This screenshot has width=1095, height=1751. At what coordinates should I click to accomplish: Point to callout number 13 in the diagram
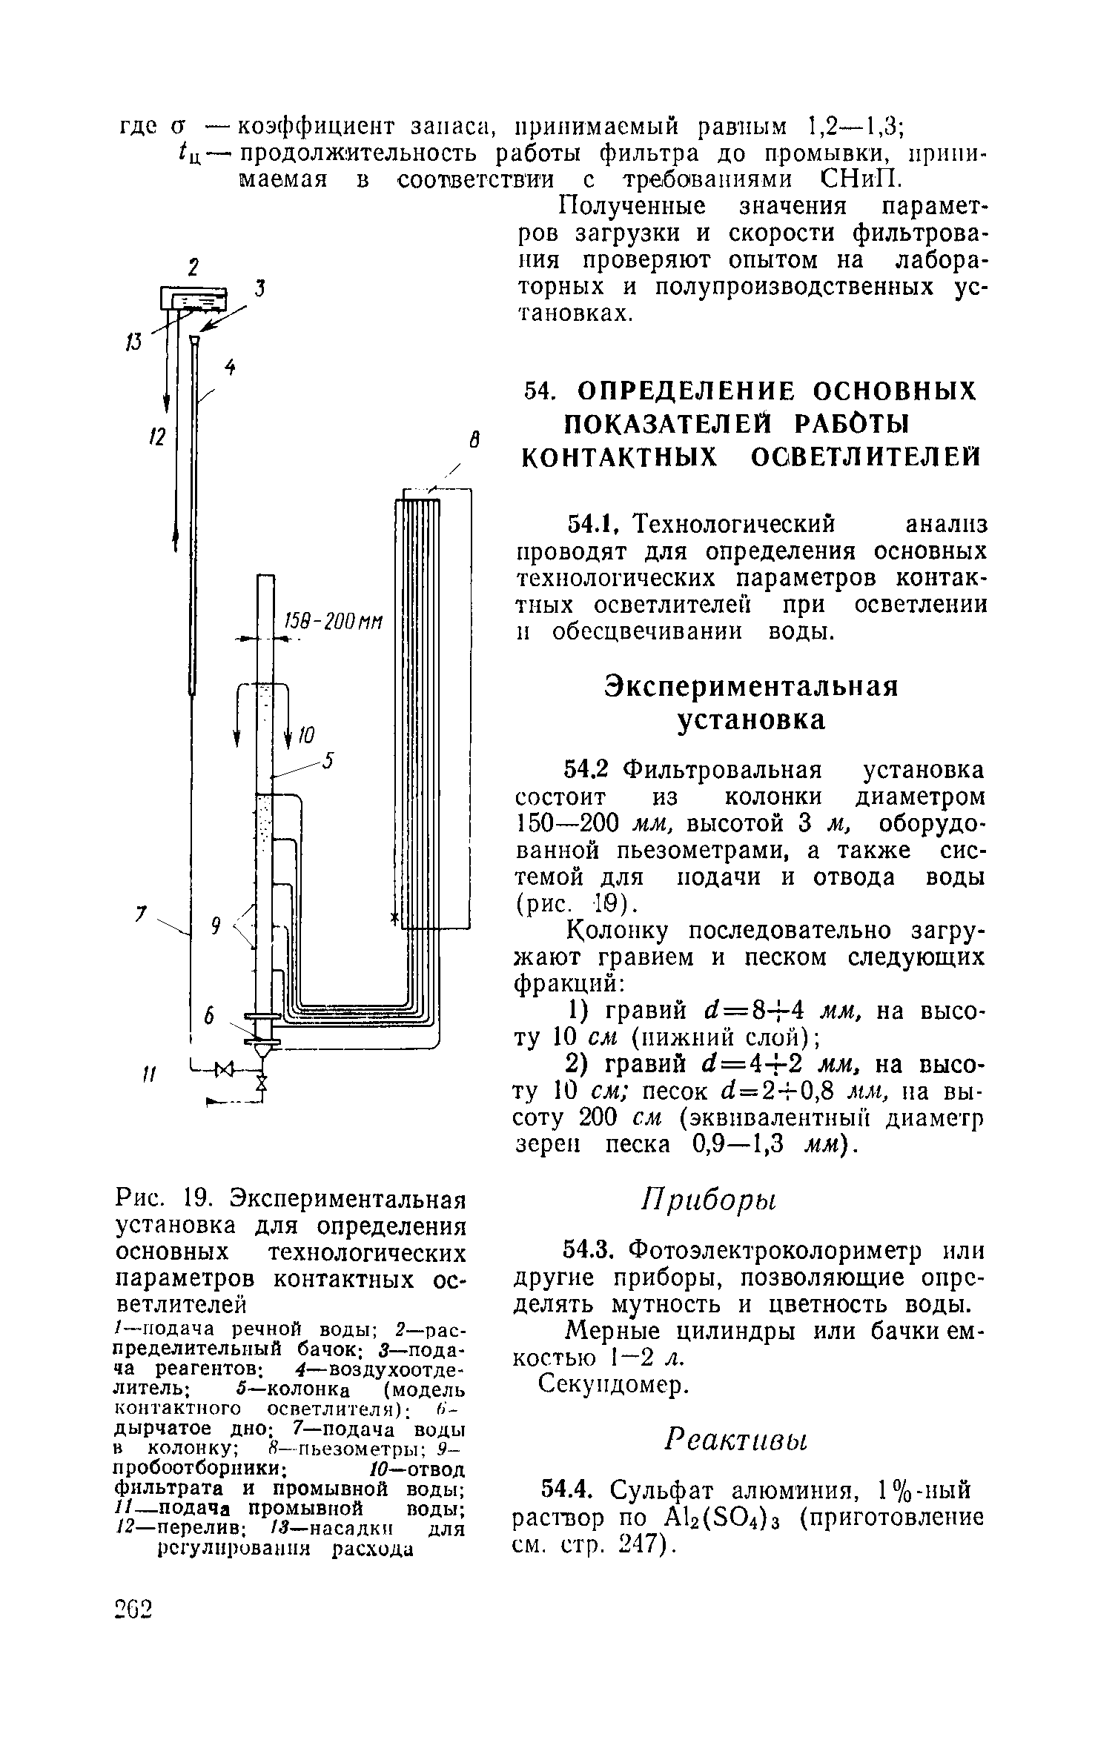(x=134, y=342)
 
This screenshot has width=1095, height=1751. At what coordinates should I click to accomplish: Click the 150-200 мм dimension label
(x=333, y=622)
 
